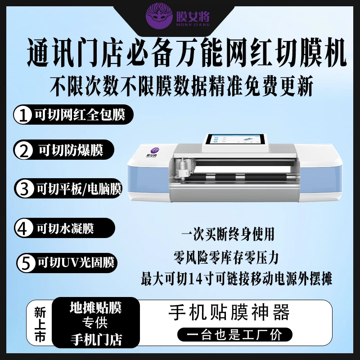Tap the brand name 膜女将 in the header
click(x=193, y=16)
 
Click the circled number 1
click(x=22, y=115)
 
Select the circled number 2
click(x=23, y=150)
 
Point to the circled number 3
click(x=24, y=189)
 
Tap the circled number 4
click(x=24, y=229)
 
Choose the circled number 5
click(x=26, y=263)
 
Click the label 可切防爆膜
click(x=71, y=150)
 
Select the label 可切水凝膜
click(x=65, y=229)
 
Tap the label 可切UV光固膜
click(x=76, y=262)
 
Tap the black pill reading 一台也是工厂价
click(x=234, y=334)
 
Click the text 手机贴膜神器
click(x=229, y=313)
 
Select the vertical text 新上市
click(x=40, y=324)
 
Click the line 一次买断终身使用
click(x=228, y=234)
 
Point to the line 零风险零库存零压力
click(x=226, y=257)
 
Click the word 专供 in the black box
click(x=95, y=323)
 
